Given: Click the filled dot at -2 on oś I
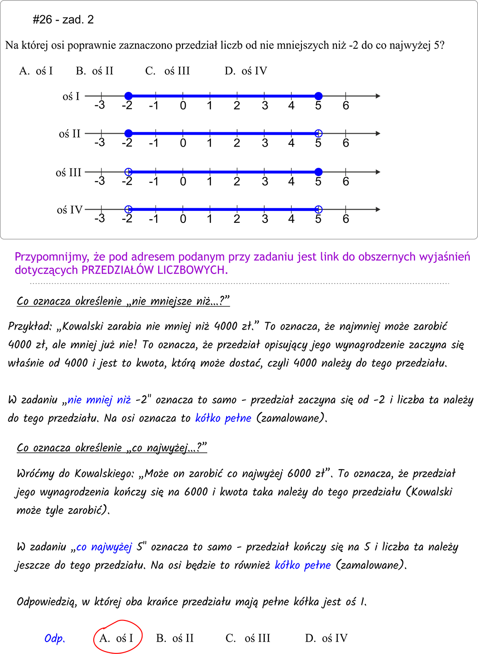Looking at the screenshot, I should (x=129, y=96).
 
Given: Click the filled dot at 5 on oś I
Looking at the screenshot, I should (x=319, y=96).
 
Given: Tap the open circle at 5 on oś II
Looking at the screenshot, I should (x=319, y=133).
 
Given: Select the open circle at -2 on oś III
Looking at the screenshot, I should (x=129, y=172).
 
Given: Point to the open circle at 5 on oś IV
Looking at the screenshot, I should (x=319, y=210).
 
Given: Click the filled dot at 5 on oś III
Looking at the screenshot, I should (x=319, y=172).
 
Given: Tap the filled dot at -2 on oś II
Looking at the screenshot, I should (x=129, y=133).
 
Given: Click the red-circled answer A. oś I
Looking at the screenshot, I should (x=117, y=638).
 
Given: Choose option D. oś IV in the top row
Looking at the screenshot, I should (x=246, y=71).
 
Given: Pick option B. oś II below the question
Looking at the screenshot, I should (x=95, y=71).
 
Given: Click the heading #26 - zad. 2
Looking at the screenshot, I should (x=63, y=19).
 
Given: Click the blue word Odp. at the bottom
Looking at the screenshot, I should (x=55, y=638).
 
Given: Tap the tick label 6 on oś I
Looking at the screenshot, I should (x=346, y=106).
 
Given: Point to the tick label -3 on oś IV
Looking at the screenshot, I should (x=99, y=218).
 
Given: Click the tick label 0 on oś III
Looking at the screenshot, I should (x=183, y=182).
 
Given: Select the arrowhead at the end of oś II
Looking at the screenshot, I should (x=378, y=133).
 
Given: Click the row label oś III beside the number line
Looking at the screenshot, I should (x=68, y=173).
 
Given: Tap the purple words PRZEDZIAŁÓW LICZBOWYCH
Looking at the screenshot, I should (x=154, y=270).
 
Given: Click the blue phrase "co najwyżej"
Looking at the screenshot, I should (x=104, y=547).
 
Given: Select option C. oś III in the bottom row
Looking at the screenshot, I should (x=248, y=638).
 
